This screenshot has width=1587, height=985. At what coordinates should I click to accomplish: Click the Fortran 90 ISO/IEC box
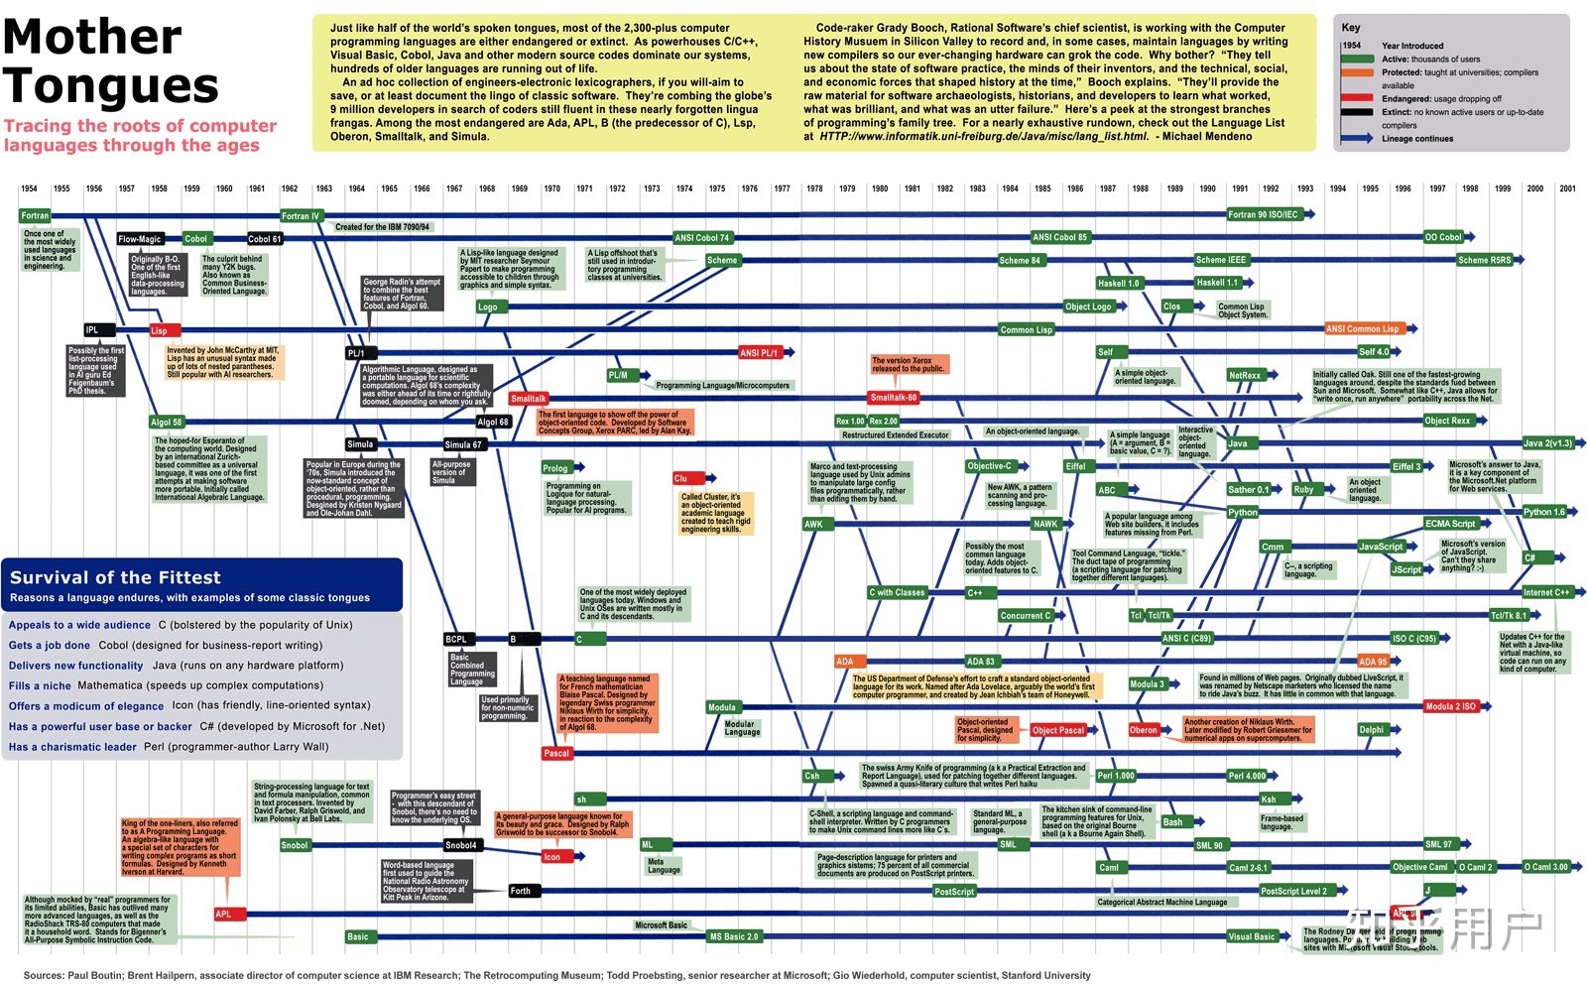[1264, 214]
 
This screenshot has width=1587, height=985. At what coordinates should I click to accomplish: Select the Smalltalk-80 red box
[894, 398]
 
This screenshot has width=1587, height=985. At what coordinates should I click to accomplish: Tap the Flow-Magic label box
[139, 239]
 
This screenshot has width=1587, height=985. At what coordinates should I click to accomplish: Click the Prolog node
[555, 468]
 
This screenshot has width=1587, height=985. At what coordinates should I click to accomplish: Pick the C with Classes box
[897, 593]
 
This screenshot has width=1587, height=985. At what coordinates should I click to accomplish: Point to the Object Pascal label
[1058, 730]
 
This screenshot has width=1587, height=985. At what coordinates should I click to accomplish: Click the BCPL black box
[456, 640]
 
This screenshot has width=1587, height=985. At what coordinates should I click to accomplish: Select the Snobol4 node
[460, 845]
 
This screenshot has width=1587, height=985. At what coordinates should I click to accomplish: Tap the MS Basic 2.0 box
[734, 936]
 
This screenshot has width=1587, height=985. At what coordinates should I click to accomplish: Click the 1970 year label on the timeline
[551, 188]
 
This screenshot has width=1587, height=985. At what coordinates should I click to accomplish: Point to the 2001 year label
[1567, 188]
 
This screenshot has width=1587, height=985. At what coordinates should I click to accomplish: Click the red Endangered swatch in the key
[1357, 98]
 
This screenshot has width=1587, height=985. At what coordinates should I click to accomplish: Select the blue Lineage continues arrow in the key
[1357, 138]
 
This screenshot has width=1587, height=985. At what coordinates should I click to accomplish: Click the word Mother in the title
[92, 38]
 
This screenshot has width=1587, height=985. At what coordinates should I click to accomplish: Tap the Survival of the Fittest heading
[115, 577]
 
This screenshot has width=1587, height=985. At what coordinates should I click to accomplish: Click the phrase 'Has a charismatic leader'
[72, 747]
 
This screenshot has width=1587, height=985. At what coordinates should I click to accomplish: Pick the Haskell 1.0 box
[1119, 283]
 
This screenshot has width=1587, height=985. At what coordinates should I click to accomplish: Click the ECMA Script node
[1450, 524]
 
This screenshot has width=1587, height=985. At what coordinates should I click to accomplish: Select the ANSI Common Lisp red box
[1363, 329]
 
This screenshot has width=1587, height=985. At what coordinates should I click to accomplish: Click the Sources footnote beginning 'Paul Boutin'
[555, 975]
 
